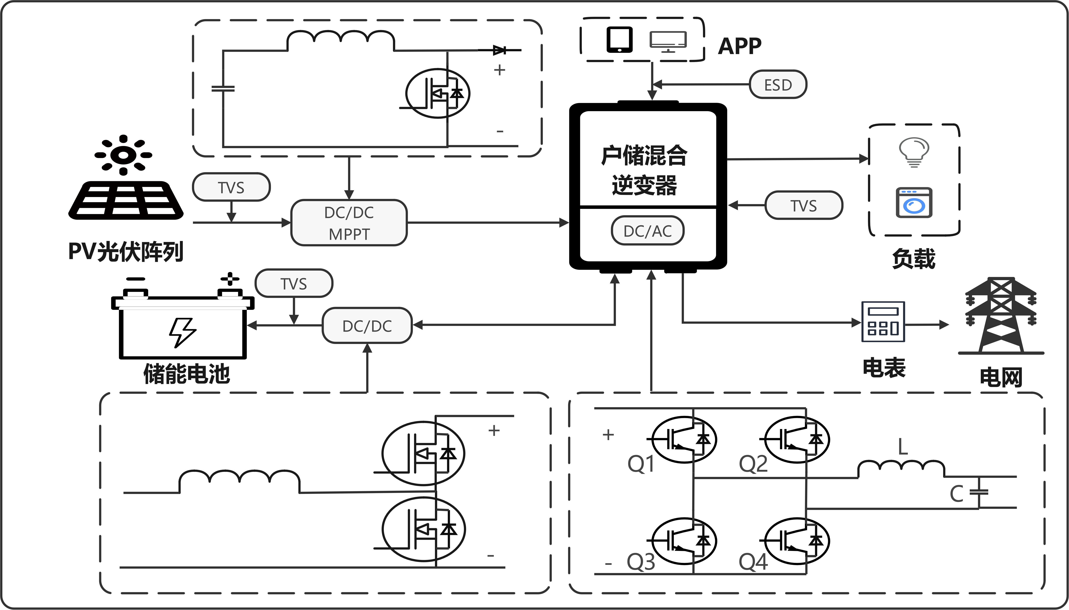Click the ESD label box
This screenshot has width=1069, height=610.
(x=778, y=85)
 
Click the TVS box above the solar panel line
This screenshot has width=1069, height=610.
(x=231, y=187)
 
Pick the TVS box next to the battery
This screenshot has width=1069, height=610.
(x=294, y=284)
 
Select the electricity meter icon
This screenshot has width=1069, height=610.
(x=883, y=322)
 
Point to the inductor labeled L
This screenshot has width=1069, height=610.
(x=901, y=468)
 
